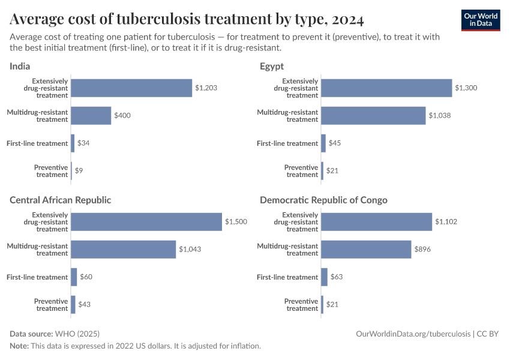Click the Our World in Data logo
480,20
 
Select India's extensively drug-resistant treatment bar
131,88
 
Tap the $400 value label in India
123,116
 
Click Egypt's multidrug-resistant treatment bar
373,116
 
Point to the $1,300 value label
467,88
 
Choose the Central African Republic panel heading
61,200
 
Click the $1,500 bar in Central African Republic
146,222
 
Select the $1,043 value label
191,250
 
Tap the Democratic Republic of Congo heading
323,200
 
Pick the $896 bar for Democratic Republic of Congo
366,250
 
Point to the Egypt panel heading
272,66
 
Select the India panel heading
20,66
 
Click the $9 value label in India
79,171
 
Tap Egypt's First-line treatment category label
287,143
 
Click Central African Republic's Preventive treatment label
51,305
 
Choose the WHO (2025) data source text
77,334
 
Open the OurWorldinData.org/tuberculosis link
413,334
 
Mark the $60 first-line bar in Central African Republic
74,277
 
